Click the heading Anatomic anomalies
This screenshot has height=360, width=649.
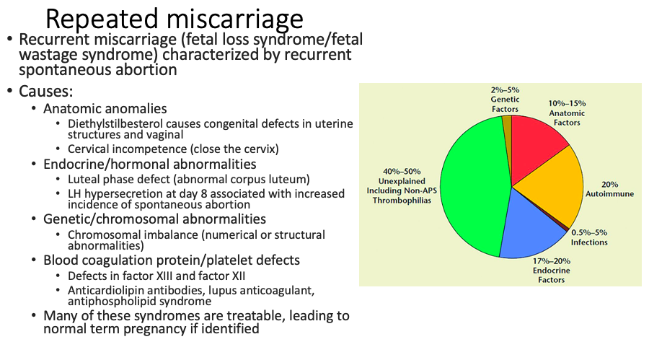105,108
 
